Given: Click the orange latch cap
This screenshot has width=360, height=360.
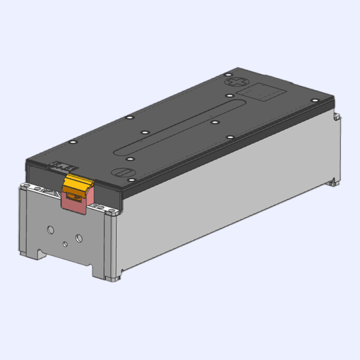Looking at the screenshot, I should click(77, 183).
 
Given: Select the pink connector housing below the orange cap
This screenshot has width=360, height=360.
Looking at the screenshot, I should click(75, 202).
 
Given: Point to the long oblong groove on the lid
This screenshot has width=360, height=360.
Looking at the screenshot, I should click(180, 128).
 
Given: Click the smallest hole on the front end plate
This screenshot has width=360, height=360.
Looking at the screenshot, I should click(65, 244).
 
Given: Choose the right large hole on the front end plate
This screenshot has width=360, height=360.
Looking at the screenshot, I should click(80, 237).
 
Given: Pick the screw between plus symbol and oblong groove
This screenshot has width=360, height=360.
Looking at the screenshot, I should click(230, 96).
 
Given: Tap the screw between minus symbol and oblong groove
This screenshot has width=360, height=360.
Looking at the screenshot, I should click(129, 159).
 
